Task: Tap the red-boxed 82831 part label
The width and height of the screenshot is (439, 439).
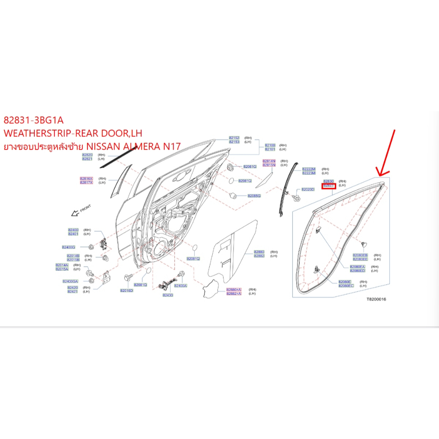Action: point(328,185)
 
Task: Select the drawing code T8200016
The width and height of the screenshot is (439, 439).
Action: point(376,299)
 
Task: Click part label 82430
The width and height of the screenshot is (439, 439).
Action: point(168,295)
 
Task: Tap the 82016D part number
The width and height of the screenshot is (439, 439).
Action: point(126,291)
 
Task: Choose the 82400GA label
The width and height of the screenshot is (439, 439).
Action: point(70,281)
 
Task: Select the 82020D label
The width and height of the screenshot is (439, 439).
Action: point(308,189)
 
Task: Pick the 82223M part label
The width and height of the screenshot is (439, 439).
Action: point(309,173)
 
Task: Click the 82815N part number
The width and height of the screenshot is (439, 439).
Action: point(269,165)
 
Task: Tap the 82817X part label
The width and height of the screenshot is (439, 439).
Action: point(86,182)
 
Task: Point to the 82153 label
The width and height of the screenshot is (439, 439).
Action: point(234,141)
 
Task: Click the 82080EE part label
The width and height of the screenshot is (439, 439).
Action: point(360,259)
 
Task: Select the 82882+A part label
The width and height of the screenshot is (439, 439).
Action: point(234,294)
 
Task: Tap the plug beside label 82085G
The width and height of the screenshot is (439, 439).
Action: point(234,195)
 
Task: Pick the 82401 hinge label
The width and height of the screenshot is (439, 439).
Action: point(73,234)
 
